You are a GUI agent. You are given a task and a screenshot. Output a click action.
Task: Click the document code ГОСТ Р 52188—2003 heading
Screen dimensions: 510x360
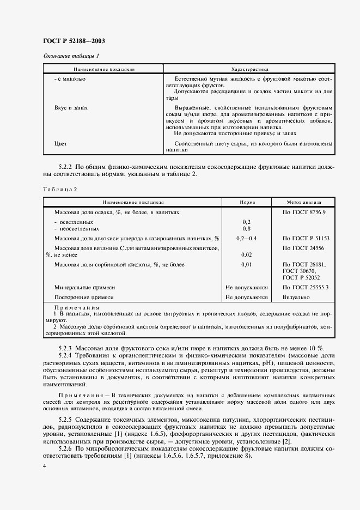(x=74, y=41)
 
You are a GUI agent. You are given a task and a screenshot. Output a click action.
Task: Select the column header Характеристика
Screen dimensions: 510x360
(x=250, y=70)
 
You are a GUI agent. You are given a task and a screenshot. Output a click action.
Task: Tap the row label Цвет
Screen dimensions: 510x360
(x=61, y=143)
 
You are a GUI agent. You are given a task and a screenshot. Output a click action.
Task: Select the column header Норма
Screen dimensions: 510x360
(x=247, y=202)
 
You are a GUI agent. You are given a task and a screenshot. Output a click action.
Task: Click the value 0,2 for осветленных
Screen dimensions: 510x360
(x=246, y=222)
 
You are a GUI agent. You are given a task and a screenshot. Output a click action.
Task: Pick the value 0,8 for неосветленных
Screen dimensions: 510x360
(x=246, y=229)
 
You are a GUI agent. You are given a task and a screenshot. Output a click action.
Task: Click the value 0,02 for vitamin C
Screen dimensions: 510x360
(x=246, y=254)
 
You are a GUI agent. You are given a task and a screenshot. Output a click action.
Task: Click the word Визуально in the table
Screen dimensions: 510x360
(x=296, y=297)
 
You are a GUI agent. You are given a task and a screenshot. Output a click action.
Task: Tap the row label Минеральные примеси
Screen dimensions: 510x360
(x=84, y=287)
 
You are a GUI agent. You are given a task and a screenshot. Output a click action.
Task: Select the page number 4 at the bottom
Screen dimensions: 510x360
(x=45, y=466)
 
